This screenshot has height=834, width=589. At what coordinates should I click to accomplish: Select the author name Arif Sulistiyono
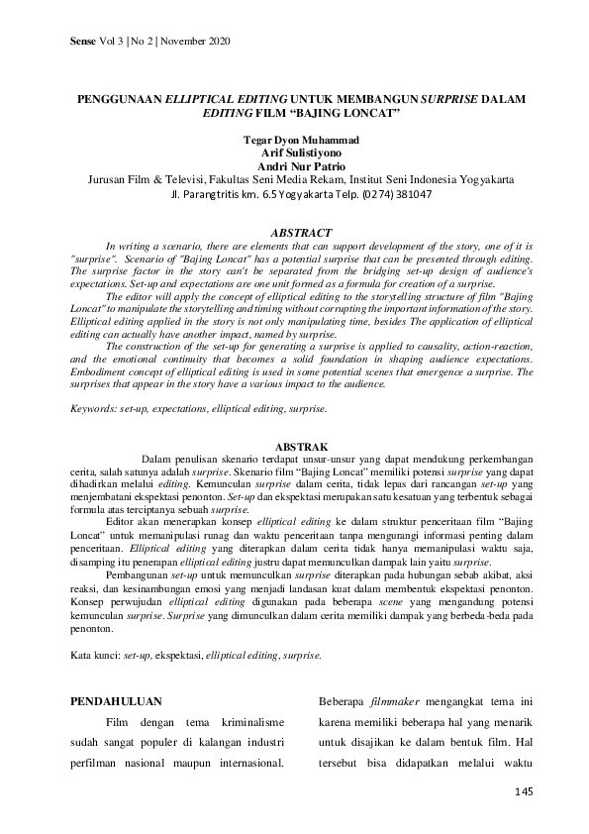click(294, 155)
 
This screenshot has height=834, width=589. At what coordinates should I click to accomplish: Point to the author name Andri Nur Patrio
click(294, 167)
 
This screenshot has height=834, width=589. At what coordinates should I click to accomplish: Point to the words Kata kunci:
click(94, 655)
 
